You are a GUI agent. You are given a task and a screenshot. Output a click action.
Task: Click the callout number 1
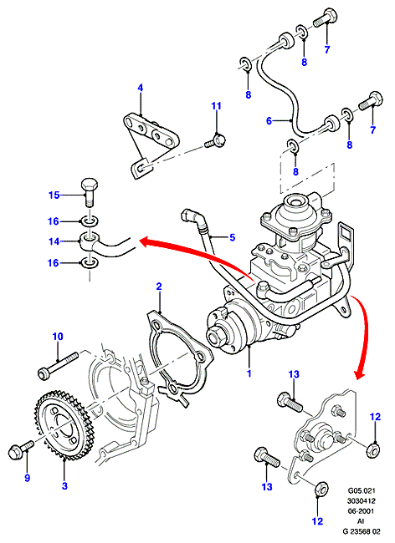(249, 373)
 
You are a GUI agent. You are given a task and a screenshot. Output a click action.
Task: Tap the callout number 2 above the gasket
(159, 287)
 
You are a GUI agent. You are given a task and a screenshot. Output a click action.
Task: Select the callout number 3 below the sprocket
(64, 486)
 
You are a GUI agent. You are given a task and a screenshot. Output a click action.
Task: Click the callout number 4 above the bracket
(140, 88)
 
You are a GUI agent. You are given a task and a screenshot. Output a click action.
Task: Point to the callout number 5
(232, 237)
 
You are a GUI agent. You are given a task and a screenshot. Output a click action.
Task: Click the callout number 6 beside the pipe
(269, 121)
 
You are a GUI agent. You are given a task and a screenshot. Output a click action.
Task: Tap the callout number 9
(27, 478)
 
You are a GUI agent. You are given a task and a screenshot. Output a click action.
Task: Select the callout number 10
(58, 337)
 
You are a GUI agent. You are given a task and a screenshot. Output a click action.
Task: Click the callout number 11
(217, 105)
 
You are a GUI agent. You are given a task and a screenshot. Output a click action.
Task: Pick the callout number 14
(54, 241)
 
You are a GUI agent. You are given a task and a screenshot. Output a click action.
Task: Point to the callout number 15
(54, 195)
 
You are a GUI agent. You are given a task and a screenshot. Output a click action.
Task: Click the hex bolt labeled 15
(90, 191)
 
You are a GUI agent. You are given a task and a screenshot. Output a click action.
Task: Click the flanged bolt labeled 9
(21, 449)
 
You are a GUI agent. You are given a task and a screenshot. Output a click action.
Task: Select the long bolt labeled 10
(59, 366)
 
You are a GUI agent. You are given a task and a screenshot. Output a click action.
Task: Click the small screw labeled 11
(215, 140)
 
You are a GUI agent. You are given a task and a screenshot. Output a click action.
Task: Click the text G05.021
(362, 490)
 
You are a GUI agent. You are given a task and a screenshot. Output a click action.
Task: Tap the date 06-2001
(362, 510)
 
